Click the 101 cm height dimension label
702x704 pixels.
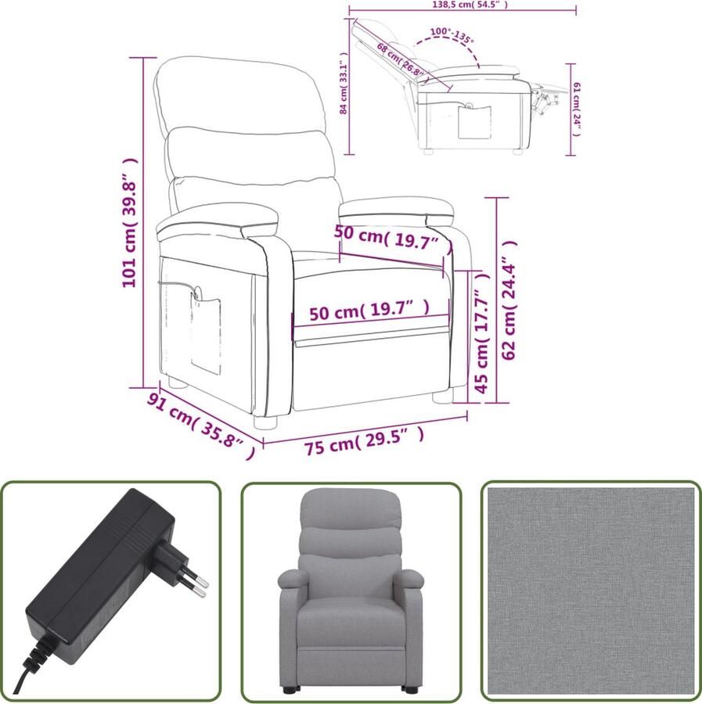130,222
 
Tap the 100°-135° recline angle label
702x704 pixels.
452,36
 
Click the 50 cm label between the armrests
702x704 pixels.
387,237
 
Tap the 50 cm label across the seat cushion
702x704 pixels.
369,312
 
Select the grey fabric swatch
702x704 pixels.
590,591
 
